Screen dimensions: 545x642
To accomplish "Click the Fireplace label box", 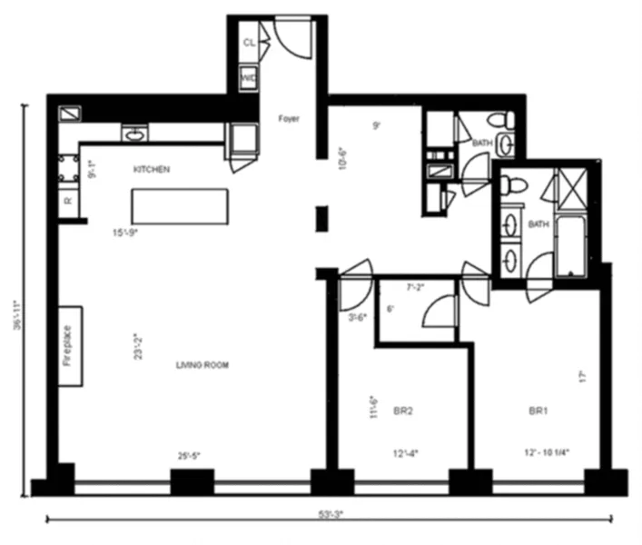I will [70, 346].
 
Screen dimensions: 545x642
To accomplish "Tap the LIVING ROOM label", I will [202, 365].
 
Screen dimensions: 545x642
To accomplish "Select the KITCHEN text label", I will [153, 170].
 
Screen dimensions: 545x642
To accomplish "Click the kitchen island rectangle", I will [179, 206].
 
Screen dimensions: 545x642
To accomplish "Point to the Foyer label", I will [289, 119].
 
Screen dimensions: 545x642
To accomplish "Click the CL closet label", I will [249, 43].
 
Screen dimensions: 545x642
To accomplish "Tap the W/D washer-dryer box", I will [249, 79].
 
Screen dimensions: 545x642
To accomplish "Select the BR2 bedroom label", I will [403, 411].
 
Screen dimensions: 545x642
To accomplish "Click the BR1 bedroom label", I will [539, 411].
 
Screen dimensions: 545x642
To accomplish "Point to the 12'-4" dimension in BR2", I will [405, 452].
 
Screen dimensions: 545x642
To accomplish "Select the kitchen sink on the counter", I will [135, 134].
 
